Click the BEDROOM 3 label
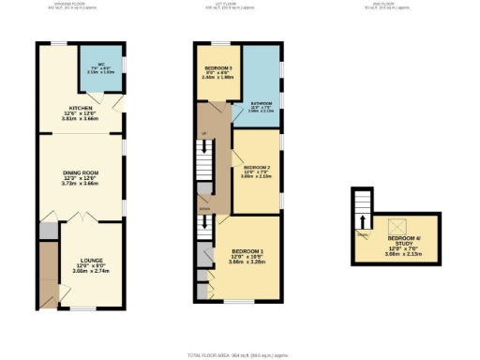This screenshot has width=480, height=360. pyautogui.click(x=217, y=68)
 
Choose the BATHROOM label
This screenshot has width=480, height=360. pyautogui.click(x=261, y=103)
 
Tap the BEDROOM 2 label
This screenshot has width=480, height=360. pyautogui.click(x=256, y=167)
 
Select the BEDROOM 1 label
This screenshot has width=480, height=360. pyautogui.click(x=247, y=251)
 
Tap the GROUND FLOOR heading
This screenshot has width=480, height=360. pyautogui.click(x=77, y=5)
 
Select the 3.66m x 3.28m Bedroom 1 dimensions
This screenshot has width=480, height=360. pyautogui.click(x=247, y=262)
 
